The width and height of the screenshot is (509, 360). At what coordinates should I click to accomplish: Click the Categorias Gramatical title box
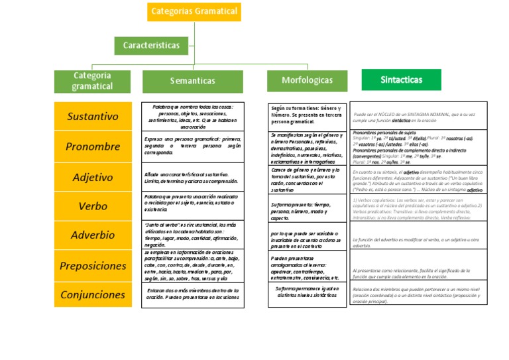tap(194, 11)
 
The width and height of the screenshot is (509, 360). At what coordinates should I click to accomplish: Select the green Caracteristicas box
tap(151, 45)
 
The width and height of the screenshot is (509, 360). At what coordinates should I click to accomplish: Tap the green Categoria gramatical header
tap(92, 81)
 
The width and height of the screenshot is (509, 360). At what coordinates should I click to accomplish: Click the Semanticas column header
tap(192, 81)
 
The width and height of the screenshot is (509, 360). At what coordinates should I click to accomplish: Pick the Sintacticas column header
tap(402, 80)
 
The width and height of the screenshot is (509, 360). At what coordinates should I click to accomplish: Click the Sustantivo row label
tap(93, 117)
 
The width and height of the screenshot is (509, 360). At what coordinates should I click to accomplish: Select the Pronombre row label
tap(93, 147)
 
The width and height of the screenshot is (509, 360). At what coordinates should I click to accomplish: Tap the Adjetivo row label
tap(93, 177)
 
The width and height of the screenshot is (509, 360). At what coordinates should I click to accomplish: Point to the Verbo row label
tap(93, 206)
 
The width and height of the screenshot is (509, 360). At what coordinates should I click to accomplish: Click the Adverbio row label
tap(93, 235)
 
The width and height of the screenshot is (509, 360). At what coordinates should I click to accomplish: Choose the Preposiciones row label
tap(93, 265)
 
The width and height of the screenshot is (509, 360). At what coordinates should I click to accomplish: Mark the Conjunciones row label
tap(93, 294)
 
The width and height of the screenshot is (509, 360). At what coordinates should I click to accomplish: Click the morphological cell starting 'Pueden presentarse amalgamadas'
tap(307, 267)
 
